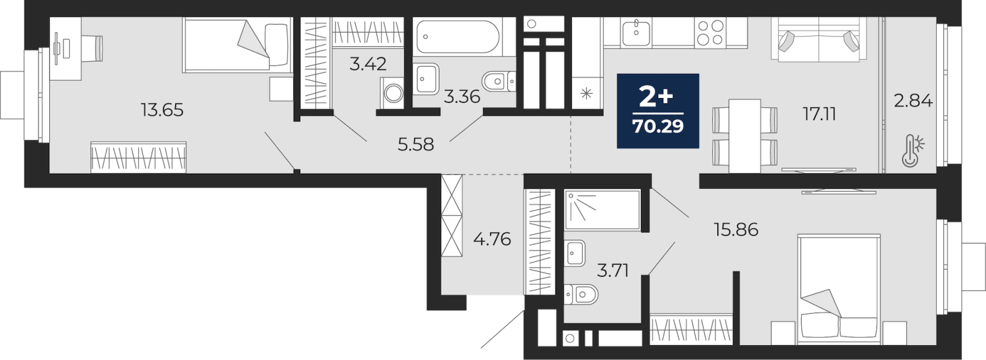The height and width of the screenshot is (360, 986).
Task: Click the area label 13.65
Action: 162,110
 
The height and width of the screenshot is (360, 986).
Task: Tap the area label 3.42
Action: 368,64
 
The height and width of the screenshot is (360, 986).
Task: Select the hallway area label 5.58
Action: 415,144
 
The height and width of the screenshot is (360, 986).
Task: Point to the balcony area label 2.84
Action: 913,100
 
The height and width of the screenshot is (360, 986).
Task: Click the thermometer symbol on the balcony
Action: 913,151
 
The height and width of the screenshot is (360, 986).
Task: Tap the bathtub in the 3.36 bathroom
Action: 458,36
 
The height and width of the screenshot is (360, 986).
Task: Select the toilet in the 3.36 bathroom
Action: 499,81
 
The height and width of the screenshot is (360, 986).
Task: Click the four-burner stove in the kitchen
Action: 710,33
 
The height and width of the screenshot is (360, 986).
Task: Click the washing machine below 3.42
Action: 392,92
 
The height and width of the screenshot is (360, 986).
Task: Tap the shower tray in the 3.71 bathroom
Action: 602,210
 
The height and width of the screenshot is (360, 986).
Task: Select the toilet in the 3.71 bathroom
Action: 581,295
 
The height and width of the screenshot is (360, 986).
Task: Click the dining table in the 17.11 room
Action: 744,136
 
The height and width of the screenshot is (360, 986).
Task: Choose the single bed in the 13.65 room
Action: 237,44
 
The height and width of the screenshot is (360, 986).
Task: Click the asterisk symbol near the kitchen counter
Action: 586,93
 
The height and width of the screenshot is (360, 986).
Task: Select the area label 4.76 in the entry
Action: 492,239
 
